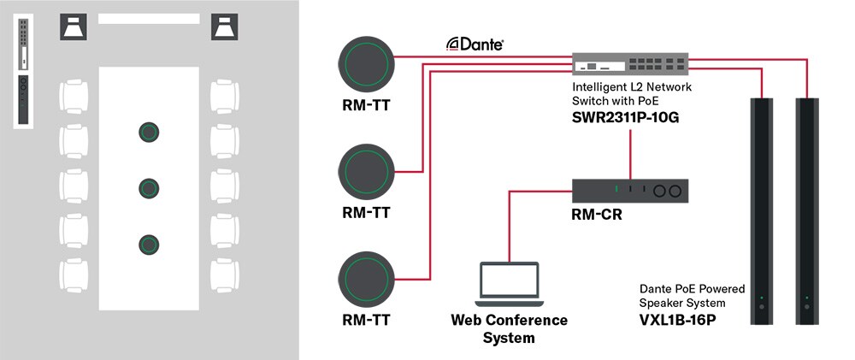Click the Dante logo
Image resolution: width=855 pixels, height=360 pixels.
pos(475,44)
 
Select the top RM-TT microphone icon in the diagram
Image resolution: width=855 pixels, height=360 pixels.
pos(367,62)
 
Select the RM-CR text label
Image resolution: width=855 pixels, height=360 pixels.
pos(596,215)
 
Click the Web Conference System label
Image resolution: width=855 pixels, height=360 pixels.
pos(509,328)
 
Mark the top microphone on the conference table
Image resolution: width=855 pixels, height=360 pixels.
pos(150,132)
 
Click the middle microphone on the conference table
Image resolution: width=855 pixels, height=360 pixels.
pos(150,187)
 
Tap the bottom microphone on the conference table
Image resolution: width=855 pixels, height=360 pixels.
pos(150,244)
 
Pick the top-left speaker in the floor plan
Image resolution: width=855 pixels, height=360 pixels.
pos(72,27)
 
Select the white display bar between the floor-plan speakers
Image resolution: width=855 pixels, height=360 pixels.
pos(148,18)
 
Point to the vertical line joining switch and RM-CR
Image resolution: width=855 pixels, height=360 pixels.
pos(630,154)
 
